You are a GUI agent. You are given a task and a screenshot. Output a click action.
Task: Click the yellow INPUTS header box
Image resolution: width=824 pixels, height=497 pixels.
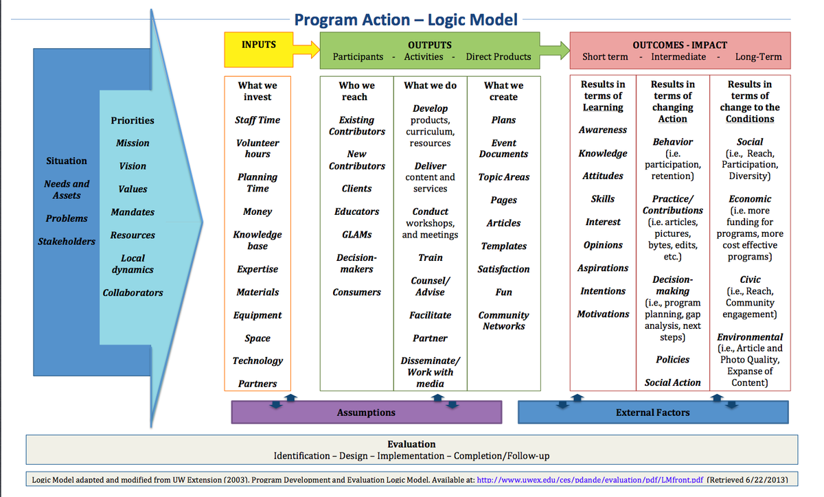coord(259,49)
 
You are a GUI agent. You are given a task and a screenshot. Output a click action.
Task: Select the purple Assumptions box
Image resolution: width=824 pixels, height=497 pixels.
coord(366,412)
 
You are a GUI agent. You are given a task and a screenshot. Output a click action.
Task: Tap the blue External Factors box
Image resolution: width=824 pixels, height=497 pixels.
coord(652,412)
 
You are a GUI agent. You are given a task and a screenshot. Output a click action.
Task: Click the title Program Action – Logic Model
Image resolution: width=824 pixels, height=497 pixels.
coord(406,19)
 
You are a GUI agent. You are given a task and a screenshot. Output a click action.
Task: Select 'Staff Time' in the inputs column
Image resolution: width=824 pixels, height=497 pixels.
coord(257,119)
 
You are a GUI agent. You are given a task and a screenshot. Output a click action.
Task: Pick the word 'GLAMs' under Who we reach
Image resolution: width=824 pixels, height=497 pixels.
coord(356,234)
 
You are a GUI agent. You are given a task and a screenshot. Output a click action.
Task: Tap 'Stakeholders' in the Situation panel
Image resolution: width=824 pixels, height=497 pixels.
coord(67,241)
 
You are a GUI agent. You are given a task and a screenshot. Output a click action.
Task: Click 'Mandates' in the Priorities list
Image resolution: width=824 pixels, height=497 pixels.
coord(133,212)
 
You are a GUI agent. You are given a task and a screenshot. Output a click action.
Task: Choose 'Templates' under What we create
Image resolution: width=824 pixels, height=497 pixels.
coord(503,246)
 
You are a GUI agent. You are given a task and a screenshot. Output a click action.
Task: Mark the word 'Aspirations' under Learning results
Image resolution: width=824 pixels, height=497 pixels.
coord(603,268)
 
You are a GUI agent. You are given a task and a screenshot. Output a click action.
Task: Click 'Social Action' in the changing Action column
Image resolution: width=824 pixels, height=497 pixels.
coord(672,382)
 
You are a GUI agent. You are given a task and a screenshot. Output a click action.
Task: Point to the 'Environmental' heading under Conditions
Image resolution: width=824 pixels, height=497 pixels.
coord(749,337)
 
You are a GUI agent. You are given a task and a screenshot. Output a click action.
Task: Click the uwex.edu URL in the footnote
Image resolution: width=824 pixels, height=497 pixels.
coord(589,479)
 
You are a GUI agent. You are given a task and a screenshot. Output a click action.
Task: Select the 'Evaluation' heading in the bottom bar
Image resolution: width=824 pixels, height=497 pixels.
coord(411,444)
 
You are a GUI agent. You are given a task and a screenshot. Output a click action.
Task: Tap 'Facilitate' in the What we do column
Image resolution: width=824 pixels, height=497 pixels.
coord(430,315)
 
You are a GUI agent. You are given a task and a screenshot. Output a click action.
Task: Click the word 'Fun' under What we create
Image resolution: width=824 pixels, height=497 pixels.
coord(503,292)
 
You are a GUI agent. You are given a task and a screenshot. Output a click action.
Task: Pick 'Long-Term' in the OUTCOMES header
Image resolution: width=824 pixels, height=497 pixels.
coord(758,57)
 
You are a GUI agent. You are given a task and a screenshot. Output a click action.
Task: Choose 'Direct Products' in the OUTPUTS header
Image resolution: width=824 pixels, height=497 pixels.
coord(498,57)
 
